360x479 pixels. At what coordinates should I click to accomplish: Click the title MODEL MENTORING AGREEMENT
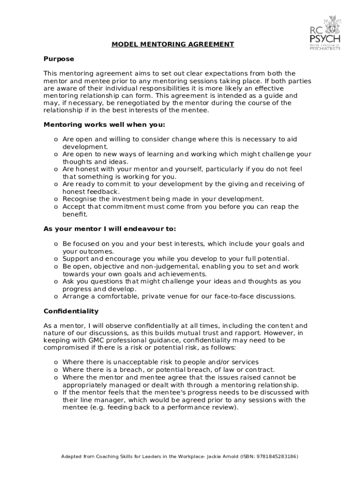pos(173,44)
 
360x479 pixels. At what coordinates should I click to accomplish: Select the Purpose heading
pos(59,59)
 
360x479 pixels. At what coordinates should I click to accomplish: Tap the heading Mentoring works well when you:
pos(104,125)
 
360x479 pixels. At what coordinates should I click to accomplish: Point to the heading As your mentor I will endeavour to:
pos(109,229)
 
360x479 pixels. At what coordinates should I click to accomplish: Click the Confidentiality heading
pos(71,311)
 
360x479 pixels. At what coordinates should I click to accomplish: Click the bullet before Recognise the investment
pos(56,199)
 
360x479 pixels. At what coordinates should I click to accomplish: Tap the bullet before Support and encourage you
pos(56,259)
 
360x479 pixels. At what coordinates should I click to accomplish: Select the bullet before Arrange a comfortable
pos(56,297)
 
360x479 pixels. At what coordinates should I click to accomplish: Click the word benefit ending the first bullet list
pos(75,214)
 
